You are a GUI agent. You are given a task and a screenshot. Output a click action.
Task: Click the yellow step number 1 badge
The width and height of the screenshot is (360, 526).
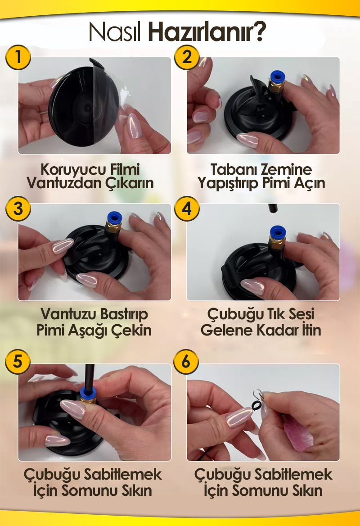(x=18, y=57)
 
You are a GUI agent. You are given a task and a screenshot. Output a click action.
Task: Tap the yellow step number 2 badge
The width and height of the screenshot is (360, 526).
(x=187, y=57)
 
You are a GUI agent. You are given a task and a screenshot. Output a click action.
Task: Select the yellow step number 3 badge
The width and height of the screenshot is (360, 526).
(x=18, y=209)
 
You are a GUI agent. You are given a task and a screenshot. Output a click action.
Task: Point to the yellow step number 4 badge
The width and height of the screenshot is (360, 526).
(x=187, y=209)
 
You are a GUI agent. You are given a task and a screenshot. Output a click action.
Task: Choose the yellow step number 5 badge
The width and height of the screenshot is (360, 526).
(x=18, y=362)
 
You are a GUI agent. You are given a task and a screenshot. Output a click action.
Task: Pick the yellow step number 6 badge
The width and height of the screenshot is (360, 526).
(x=186, y=362)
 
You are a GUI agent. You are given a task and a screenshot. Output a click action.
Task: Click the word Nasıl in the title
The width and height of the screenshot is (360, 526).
(x=115, y=32)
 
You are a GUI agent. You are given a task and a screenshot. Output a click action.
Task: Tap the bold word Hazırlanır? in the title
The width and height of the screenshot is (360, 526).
(x=207, y=32)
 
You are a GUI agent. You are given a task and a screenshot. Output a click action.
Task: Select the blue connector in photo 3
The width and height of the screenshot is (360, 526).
(x=114, y=218)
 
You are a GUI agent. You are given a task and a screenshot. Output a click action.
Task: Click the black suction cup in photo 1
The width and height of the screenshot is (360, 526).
(x=84, y=106)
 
